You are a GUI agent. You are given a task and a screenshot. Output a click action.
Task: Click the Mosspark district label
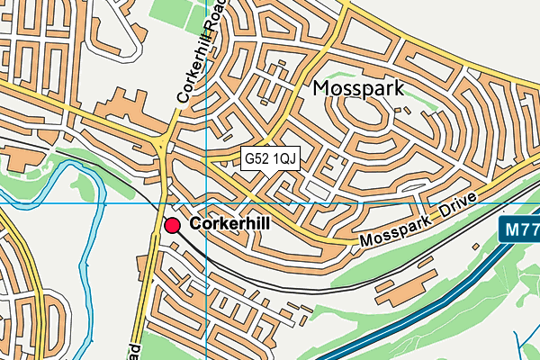357,88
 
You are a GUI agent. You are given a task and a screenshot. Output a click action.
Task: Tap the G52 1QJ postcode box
270,158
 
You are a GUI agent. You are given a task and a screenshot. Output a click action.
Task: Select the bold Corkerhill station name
230,223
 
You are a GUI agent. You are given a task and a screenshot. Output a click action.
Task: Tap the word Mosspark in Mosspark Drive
395,236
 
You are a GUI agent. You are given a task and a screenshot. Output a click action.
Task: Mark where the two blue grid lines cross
206,203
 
